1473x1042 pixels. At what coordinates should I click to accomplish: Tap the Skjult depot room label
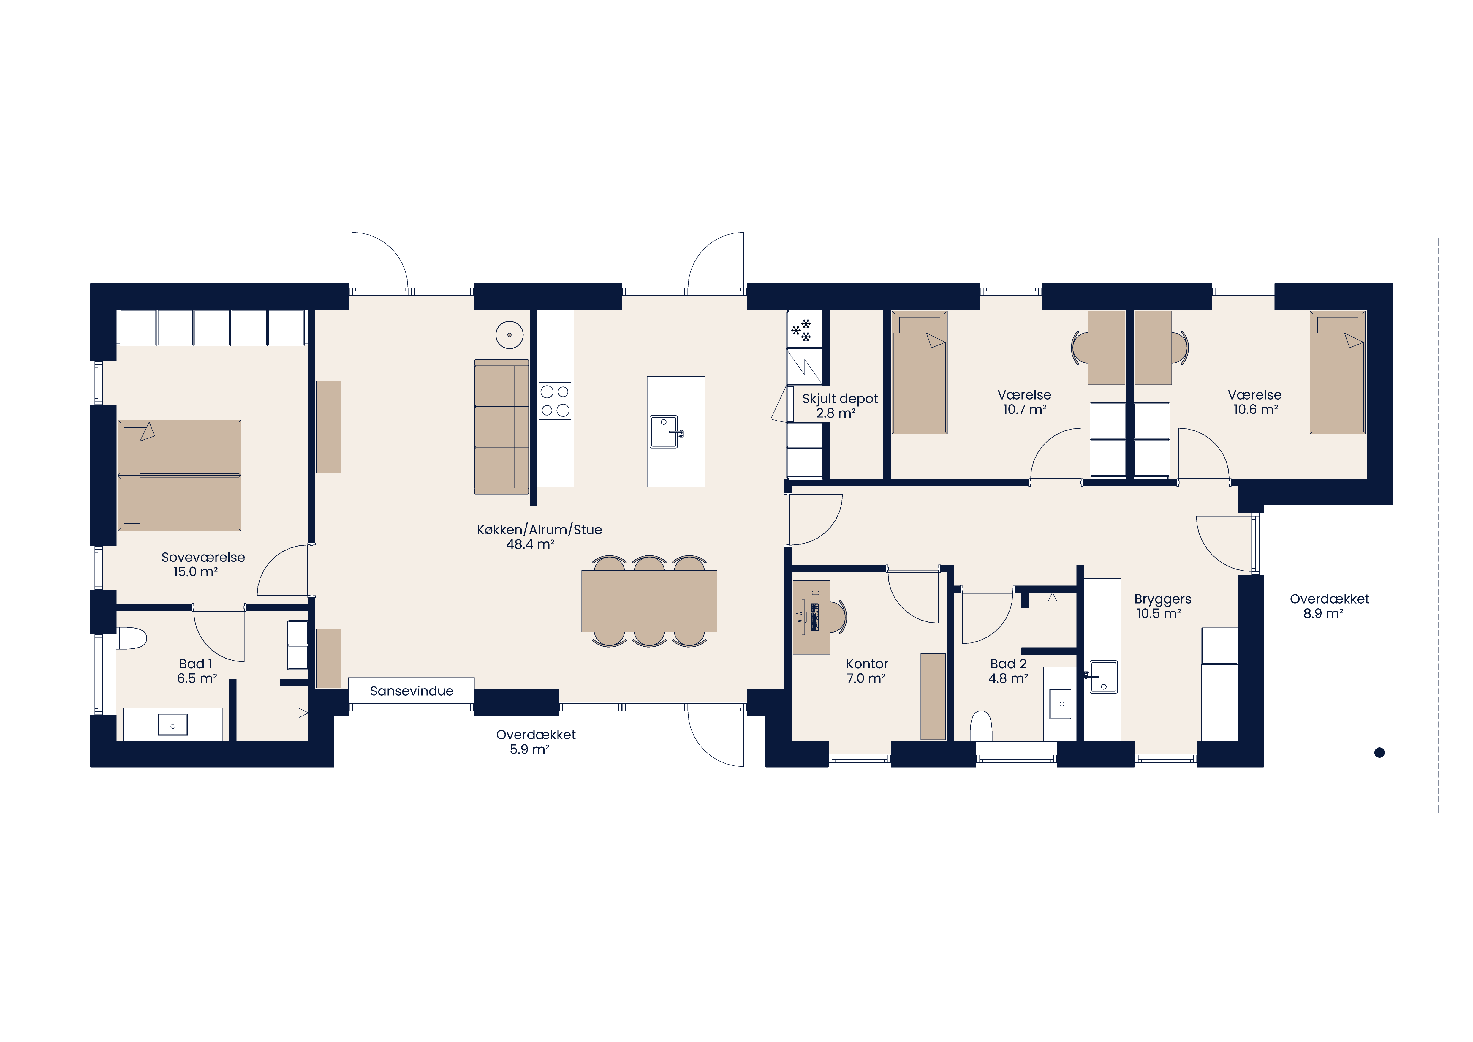(840, 405)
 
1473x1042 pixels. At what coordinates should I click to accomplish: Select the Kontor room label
(867, 671)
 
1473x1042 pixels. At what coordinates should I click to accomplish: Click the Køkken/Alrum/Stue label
(539, 536)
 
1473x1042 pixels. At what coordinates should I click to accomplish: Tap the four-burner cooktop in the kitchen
(555, 401)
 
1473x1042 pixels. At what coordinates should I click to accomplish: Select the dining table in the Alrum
(649, 601)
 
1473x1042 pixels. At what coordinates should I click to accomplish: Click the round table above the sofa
(510, 335)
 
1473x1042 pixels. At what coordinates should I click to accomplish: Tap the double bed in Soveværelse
(179, 476)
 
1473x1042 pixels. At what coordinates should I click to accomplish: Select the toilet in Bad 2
(981, 726)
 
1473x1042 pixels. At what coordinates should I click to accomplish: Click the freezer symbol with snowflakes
(804, 330)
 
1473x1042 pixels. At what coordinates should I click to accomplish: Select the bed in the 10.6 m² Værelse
(1338, 372)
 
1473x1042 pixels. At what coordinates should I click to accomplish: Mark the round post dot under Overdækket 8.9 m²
(1379, 753)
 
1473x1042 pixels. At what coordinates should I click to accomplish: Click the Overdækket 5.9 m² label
(536, 742)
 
